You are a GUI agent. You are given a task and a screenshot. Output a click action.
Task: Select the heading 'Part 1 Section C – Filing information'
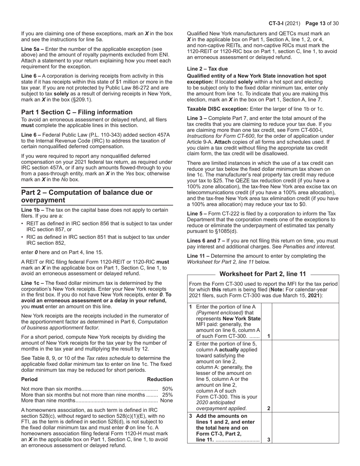(x=77, y=112)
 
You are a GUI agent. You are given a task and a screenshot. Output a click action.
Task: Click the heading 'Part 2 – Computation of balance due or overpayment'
(x=87, y=196)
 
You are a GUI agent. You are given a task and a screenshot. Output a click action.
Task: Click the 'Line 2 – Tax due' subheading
(x=208, y=69)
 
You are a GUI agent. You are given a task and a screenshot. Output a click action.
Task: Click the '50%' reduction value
(x=167, y=389)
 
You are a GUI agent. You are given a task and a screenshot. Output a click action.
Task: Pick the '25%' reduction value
(x=167, y=395)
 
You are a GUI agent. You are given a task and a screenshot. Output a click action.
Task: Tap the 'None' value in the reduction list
(x=166, y=401)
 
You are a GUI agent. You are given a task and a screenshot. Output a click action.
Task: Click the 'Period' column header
(x=30, y=379)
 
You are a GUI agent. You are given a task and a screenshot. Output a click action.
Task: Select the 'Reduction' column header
(x=160, y=379)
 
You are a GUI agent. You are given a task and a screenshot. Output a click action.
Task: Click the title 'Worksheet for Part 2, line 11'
(x=263, y=274)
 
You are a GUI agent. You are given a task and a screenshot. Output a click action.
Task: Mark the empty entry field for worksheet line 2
(x=305, y=376)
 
